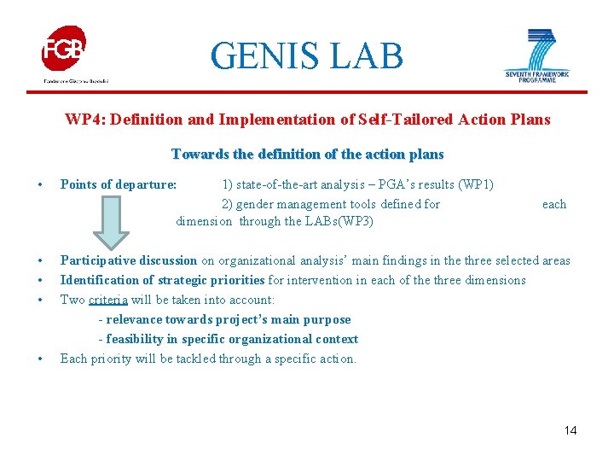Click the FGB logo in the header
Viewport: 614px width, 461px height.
(65, 50)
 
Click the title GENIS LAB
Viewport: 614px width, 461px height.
(306, 56)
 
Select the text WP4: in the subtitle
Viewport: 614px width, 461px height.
(81, 120)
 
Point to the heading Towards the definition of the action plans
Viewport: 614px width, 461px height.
(307, 155)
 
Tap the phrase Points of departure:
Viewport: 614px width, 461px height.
(119, 184)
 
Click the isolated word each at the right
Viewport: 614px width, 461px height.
(554, 204)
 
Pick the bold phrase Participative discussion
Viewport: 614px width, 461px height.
(129, 260)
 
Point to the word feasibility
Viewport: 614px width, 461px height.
(137, 339)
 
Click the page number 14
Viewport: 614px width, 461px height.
(571, 430)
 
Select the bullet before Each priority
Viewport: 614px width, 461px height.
(40, 359)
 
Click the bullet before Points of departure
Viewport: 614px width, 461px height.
(40, 184)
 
